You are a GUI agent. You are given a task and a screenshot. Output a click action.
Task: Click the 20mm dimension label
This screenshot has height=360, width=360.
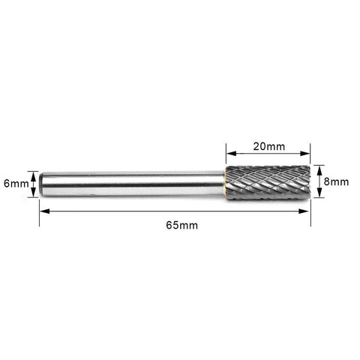tap(269, 146)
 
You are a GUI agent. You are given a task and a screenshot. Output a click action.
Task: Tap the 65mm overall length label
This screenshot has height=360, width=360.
tap(182, 225)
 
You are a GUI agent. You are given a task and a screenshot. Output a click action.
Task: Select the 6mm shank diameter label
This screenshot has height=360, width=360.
tap(16, 184)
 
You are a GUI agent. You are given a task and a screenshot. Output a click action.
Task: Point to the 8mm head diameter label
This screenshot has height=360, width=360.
tap(336, 181)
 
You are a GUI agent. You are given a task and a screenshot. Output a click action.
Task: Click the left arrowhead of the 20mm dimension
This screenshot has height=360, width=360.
tap(231, 154)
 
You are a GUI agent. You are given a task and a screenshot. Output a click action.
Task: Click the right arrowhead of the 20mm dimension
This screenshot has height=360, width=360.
tap(305, 154)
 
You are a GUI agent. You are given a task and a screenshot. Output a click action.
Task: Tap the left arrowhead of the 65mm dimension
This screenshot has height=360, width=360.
tap(44, 211)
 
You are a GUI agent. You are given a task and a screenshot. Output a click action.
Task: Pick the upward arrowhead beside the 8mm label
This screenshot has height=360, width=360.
tap(319, 170)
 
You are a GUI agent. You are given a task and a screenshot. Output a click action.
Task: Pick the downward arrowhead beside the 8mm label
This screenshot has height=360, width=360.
tap(319, 192)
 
